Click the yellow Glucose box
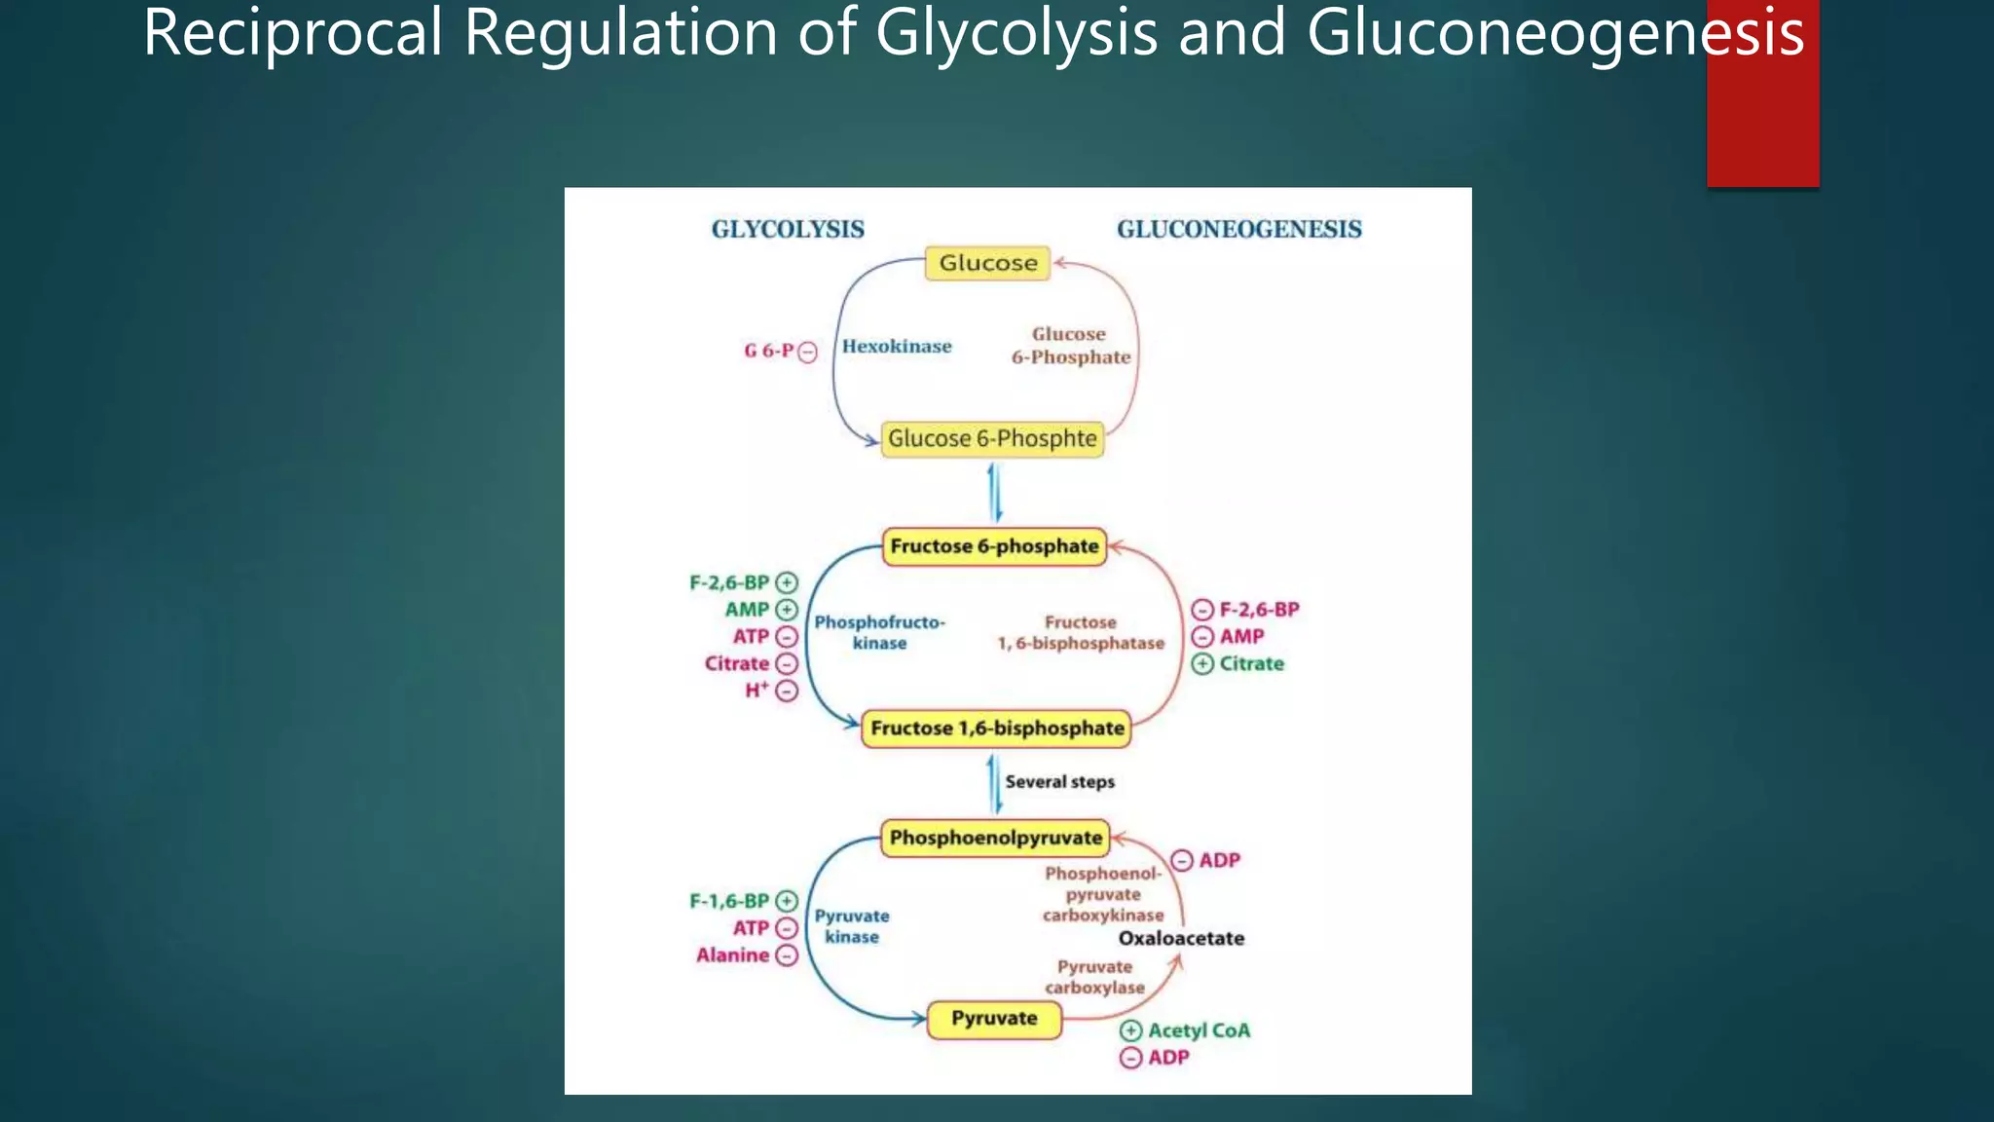click(987, 263)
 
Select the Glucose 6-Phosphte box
click(992, 439)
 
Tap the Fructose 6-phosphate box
click(994, 546)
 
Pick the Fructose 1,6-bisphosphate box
click(997, 729)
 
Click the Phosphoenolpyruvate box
click(995, 838)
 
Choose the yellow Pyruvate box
click(994, 1019)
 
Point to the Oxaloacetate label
click(1181, 939)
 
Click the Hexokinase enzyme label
click(897, 347)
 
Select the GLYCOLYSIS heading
click(788, 230)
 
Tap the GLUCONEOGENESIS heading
click(1238, 230)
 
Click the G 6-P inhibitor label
click(769, 351)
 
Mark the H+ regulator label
click(757, 691)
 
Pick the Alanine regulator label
click(732, 955)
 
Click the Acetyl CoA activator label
click(1199, 1030)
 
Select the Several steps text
click(1059, 782)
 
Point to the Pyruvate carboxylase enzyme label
click(1095, 977)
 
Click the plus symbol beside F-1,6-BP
click(787, 901)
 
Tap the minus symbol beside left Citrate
click(787, 664)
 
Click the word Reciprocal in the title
click(293, 33)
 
